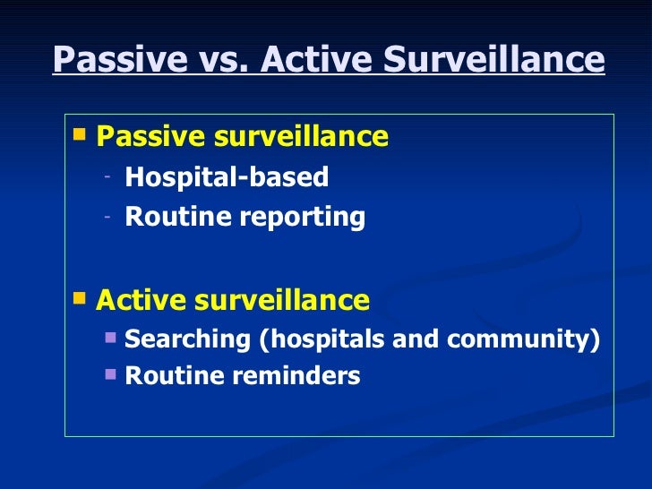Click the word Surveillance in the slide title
(x=494, y=61)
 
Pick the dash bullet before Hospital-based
(x=107, y=177)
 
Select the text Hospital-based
(x=227, y=177)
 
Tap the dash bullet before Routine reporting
(x=107, y=217)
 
